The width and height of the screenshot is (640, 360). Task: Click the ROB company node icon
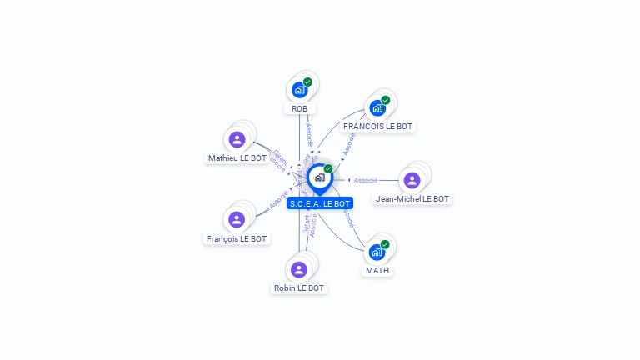pyautogui.click(x=299, y=90)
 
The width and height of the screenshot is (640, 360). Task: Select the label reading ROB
pyautogui.click(x=299, y=108)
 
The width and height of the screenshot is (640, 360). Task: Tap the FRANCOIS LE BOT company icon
pyautogui.click(x=377, y=107)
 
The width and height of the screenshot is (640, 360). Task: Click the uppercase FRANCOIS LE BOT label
pyautogui.click(x=377, y=127)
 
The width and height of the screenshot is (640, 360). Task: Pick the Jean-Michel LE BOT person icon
pyautogui.click(x=412, y=180)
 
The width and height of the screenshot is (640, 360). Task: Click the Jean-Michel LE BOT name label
pyautogui.click(x=412, y=199)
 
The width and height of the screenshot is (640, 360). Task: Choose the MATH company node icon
pyautogui.click(x=377, y=252)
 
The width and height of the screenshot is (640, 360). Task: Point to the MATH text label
pyautogui.click(x=377, y=271)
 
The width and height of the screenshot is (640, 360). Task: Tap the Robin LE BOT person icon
pyautogui.click(x=299, y=269)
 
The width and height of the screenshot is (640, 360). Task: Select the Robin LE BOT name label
pyautogui.click(x=299, y=288)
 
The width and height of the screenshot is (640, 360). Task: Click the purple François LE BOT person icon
pyautogui.click(x=237, y=219)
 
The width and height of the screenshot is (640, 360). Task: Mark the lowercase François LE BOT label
pyautogui.click(x=237, y=238)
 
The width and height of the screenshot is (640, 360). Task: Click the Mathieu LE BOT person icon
pyautogui.click(x=237, y=139)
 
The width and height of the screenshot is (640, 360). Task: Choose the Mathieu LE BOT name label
pyautogui.click(x=237, y=157)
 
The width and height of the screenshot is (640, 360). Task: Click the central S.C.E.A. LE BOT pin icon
pyautogui.click(x=319, y=177)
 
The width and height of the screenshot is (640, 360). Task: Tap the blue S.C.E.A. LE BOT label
pyautogui.click(x=320, y=203)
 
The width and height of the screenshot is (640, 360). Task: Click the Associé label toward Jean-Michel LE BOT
pyautogui.click(x=366, y=180)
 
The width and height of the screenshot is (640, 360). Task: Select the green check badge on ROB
pyautogui.click(x=308, y=82)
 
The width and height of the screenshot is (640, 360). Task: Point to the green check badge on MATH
pyautogui.click(x=386, y=243)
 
